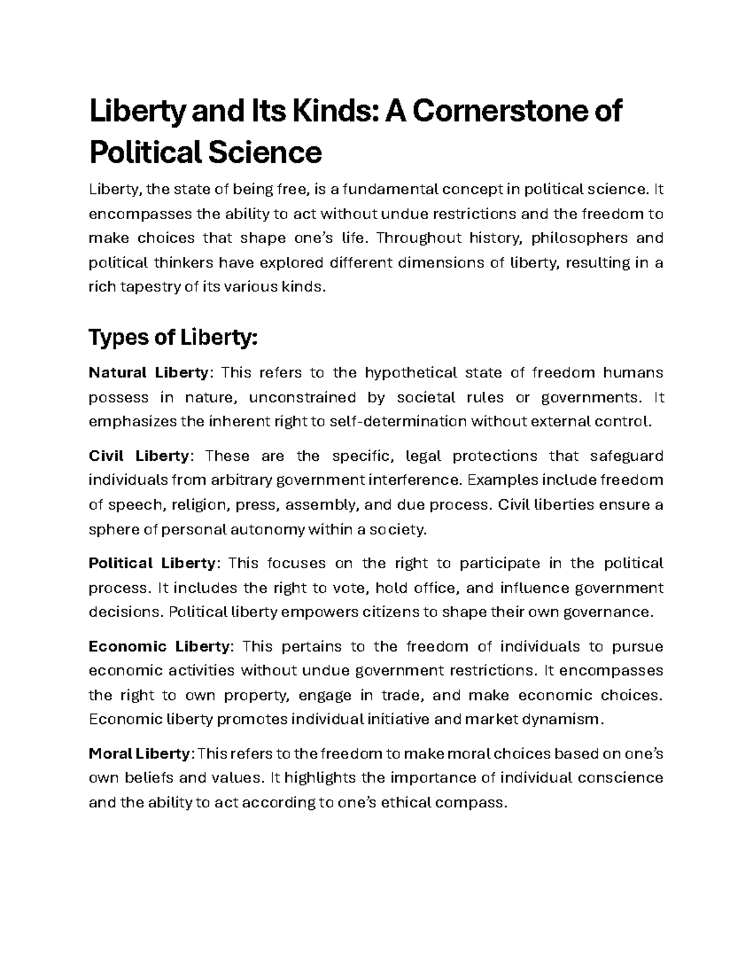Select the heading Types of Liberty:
tap(173, 338)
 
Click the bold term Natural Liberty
tap(148, 373)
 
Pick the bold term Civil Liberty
tap(139, 456)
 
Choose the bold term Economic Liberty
tap(159, 647)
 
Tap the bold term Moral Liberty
tap(139, 753)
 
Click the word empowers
tap(320, 612)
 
